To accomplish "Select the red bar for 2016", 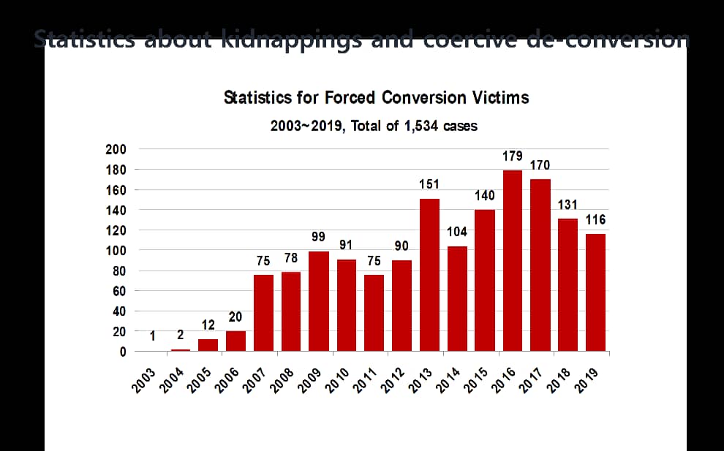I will [513, 261].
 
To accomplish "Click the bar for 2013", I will [429, 275].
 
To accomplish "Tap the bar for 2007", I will [263, 313].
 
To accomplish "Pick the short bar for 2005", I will [208, 345].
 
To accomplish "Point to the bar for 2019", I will [595, 292].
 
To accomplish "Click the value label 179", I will [513, 156].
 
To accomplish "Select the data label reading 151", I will [429, 184].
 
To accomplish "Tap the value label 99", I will [318, 237].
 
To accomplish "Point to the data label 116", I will [595, 219].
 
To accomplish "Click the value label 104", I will [457, 232].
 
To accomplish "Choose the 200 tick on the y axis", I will [116, 149].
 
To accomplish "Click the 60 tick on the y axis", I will [119, 291].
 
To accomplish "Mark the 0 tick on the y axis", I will [122, 352].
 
